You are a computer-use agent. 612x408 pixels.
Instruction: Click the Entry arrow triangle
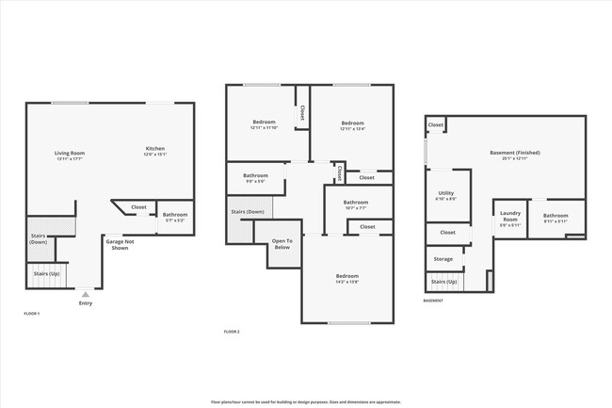pyautogui.click(x=86, y=294)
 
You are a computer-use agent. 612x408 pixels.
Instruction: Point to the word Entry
pyautogui.click(x=86, y=303)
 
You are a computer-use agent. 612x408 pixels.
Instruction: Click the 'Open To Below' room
pyautogui.click(x=282, y=245)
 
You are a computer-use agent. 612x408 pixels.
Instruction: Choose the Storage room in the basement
pyautogui.click(x=443, y=258)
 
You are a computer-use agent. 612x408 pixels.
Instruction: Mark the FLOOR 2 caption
pyautogui.click(x=232, y=332)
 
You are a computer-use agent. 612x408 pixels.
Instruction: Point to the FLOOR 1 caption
pyautogui.click(x=32, y=313)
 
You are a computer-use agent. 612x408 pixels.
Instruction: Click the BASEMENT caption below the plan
pyautogui.click(x=433, y=301)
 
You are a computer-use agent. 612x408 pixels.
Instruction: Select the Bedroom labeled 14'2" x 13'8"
pyautogui.click(x=347, y=278)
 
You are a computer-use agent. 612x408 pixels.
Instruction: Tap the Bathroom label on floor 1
pyautogui.click(x=175, y=216)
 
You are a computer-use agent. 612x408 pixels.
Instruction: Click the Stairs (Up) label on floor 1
pyautogui.click(x=47, y=274)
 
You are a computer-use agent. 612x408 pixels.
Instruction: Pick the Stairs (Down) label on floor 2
pyautogui.click(x=248, y=212)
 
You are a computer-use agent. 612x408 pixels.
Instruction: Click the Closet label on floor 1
pyautogui.click(x=138, y=206)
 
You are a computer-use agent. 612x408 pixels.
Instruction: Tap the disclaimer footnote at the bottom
pyautogui.click(x=305, y=400)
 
